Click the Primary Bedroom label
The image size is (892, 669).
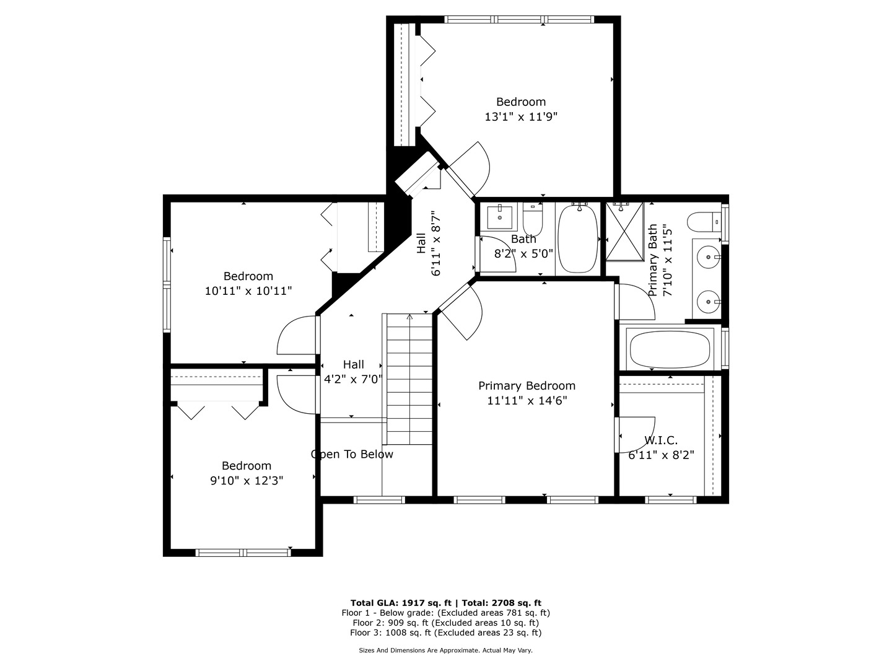pyautogui.click(x=527, y=386)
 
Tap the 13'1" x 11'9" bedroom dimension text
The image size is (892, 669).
pyautogui.click(x=520, y=117)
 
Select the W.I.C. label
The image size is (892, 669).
pyautogui.click(x=661, y=440)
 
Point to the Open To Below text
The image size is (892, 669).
pyautogui.click(x=352, y=454)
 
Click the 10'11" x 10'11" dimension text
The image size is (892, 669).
pyautogui.click(x=248, y=291)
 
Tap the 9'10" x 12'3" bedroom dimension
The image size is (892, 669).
pyautogui.click(x=247, y=481)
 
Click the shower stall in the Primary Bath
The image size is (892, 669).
pyautogui.click(x=624, y=231)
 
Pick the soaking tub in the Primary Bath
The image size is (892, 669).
pyautogui.click(x=670, y=349)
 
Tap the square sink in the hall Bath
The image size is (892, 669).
pyautogui.click(x=499, y=217)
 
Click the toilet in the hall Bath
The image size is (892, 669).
pyautogui.click(x=532, y=219)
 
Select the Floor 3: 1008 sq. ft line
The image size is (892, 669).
pyautogui.click(x=446, y=632)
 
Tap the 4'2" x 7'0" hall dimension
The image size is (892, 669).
pyautogui.click(x=353, y=379)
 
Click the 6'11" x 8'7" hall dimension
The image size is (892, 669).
pyautogui.click(x=435, y=243)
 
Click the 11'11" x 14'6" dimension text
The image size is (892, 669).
pyautogui.click(x=527, y=401)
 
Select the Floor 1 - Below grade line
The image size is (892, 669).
pyautogui.click(x=446, y=613)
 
